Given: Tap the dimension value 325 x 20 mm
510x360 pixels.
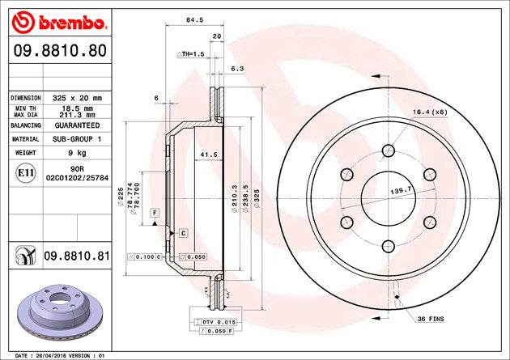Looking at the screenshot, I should [x=77, y=97].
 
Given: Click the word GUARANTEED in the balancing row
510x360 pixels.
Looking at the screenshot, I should [x=77, y=126].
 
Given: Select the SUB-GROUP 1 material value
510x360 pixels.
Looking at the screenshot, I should [x=77, y=139].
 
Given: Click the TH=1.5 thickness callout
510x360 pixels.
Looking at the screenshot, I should [x=190, y=53].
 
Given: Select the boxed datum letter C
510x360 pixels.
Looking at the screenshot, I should [x=183, y=233].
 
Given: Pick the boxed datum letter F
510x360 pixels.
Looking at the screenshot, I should [x=153, y=211].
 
